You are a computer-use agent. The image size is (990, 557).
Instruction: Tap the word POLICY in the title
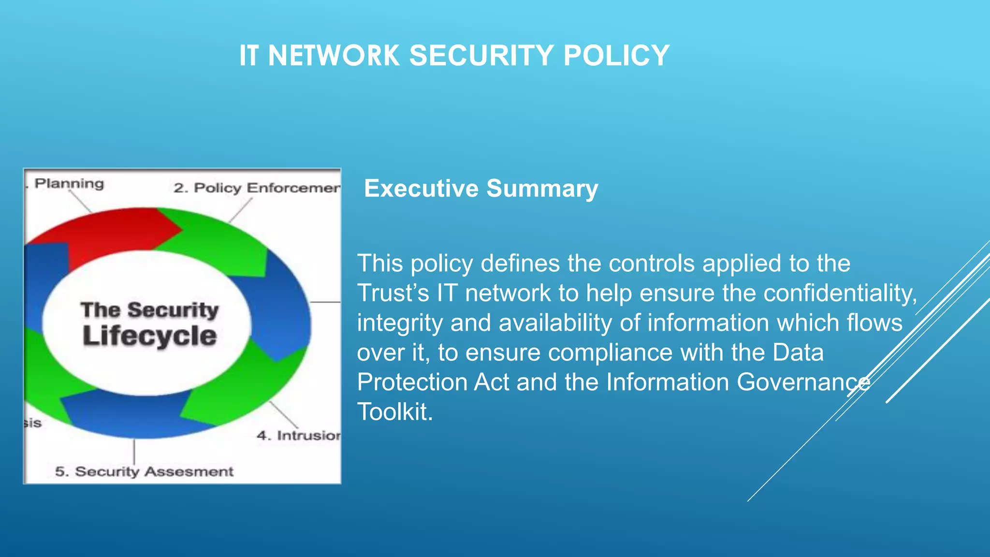coord(616,55)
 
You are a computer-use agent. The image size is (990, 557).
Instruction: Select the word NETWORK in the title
coord(334,55)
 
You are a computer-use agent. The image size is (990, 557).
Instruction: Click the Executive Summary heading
coord(481,188)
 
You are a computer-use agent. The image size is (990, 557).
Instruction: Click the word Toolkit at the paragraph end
coord(394,412)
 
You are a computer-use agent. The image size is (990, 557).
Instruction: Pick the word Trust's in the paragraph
coord(393,293)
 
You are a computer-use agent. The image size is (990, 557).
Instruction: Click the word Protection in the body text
coord(415,382)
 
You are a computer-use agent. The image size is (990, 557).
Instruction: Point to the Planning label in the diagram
coord(69,184)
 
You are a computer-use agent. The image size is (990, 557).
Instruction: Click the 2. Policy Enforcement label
coord(257,188)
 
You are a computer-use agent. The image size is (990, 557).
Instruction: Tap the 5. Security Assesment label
coord(144,471)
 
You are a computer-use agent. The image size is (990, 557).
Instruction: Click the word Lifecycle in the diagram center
coord(149,336)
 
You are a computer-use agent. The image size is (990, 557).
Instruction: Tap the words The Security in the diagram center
coord(149,310)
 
